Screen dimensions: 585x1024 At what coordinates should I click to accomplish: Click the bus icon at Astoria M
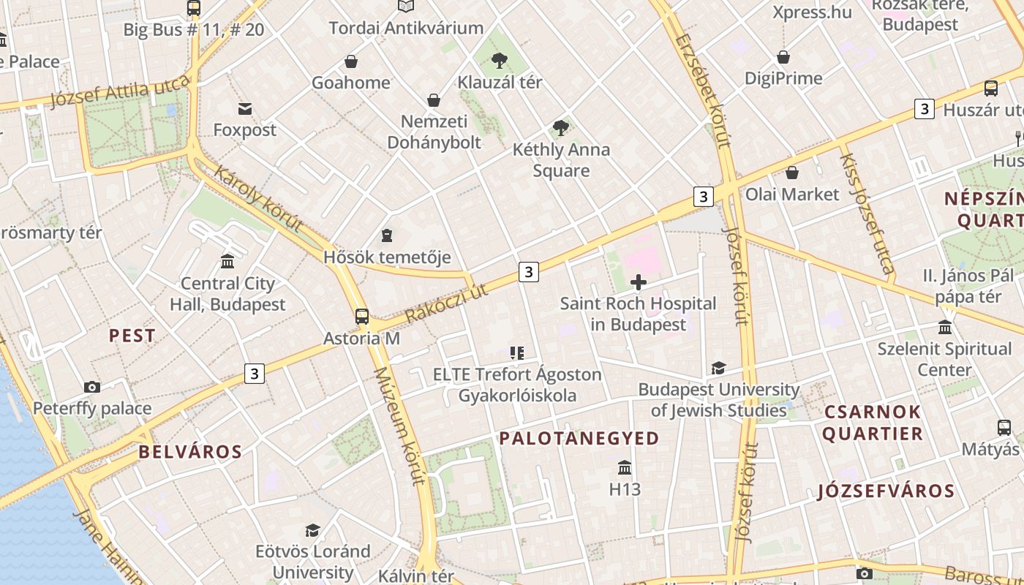coord(362,317)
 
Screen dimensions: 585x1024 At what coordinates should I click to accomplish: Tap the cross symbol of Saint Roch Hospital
coord(639,282)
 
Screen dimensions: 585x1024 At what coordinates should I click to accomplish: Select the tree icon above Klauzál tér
coord(500,61)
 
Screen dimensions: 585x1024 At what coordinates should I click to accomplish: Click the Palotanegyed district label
coord(579,439)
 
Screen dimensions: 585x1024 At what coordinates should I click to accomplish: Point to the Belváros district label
coord(190,452)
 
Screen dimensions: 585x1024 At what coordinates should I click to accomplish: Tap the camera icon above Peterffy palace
coord(92,387)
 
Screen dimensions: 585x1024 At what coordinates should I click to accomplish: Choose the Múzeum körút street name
coord(399,426)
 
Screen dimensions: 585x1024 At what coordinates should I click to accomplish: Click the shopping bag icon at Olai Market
coord(792,173)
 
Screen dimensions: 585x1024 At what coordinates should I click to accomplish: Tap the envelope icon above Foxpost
coord(245,109)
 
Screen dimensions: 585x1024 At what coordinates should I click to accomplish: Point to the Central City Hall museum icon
coord(227,262)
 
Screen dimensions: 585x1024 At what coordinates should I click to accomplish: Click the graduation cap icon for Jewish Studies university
coord(719,368)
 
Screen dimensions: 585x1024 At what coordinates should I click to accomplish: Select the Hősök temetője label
coord(387,257)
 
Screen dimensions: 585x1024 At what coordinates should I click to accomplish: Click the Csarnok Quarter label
coord(873,423)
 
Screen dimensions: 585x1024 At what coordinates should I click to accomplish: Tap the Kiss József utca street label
coord(867,213)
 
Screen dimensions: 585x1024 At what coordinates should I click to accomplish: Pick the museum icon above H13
coord(625,467)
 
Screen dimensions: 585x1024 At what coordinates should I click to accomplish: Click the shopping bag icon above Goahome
coord(351,61)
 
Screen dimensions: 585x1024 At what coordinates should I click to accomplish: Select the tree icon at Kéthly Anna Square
coord(561,129)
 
